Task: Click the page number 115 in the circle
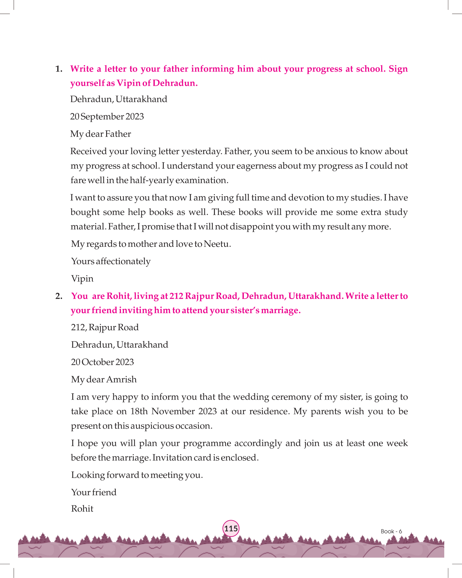pyautogui.click(x=231, y=529)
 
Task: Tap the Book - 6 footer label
pyautogui.click(x=391, y=531)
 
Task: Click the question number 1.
pyautogui.click(x=59, y=69)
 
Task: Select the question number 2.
pyautogui.click(x=59, y=296)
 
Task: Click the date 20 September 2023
pyautogui.click(x=107, y=117)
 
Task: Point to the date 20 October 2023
pyautogui.click(x=102, y=362)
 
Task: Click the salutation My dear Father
pyautogui.click(x=101, y=134)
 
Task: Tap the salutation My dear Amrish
pyautogui.click(x=104, y=380)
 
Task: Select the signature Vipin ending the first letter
pyautogui.click(x=82, y=279)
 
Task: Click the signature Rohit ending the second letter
pyautogui.click(x=82, y=509)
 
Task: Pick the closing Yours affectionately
pyautogui.click(x=111, y=261)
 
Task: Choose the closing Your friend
pyautogui.click(x=94, y=492)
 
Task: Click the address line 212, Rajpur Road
pyautogui.click(x=105, y=327)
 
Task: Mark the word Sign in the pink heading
pyautogui.click(x=398, y=69)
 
